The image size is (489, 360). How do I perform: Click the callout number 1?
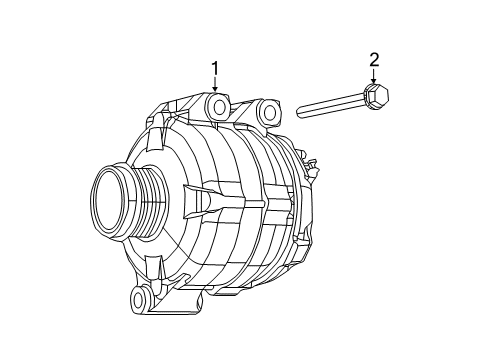pyautogui.click(x=214, y=68)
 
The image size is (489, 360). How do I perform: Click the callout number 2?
pyautogui.click(x=374, y=61)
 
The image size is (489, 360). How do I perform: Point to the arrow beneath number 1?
pyautogui.click(x=214, y=88)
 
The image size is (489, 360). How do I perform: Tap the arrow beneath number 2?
pyautogui.click(x=374, y=80)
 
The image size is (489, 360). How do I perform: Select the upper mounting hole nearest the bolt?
pyautogui.click(x=268, y=110)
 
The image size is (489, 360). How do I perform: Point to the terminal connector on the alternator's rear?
pyautogui.click(x=310, y=166)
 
